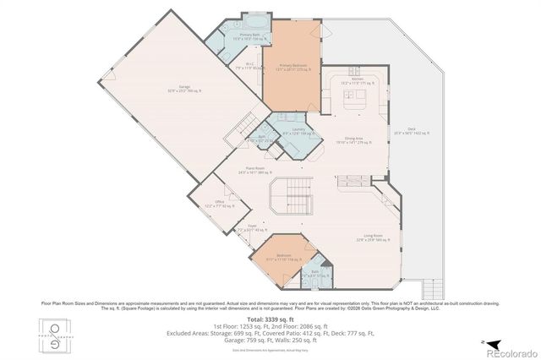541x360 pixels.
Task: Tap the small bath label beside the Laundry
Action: coord(263,140)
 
